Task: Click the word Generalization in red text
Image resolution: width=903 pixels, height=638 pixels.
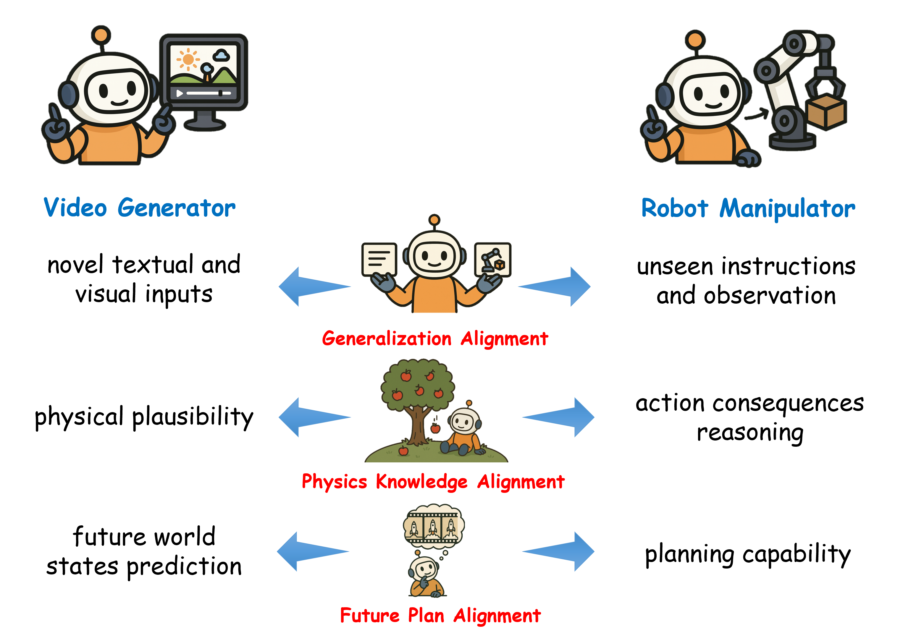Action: [x=386, y=339]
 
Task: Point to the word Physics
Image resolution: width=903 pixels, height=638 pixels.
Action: [x=334, y=482]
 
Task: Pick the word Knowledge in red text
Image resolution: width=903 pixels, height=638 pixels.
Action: [x=421, y=482]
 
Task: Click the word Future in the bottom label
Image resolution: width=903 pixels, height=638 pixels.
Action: [x=370, y=615]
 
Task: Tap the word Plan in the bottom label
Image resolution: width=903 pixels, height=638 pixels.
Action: [x=426, y=615]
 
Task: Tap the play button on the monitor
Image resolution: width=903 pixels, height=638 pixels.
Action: [x=179, y=93]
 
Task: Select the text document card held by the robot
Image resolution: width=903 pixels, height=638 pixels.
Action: [x=379, y=260]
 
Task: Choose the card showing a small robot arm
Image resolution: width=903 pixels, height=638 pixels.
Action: [x=493, y=260]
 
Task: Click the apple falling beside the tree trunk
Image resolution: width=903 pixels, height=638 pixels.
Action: [x=435, y=428]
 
